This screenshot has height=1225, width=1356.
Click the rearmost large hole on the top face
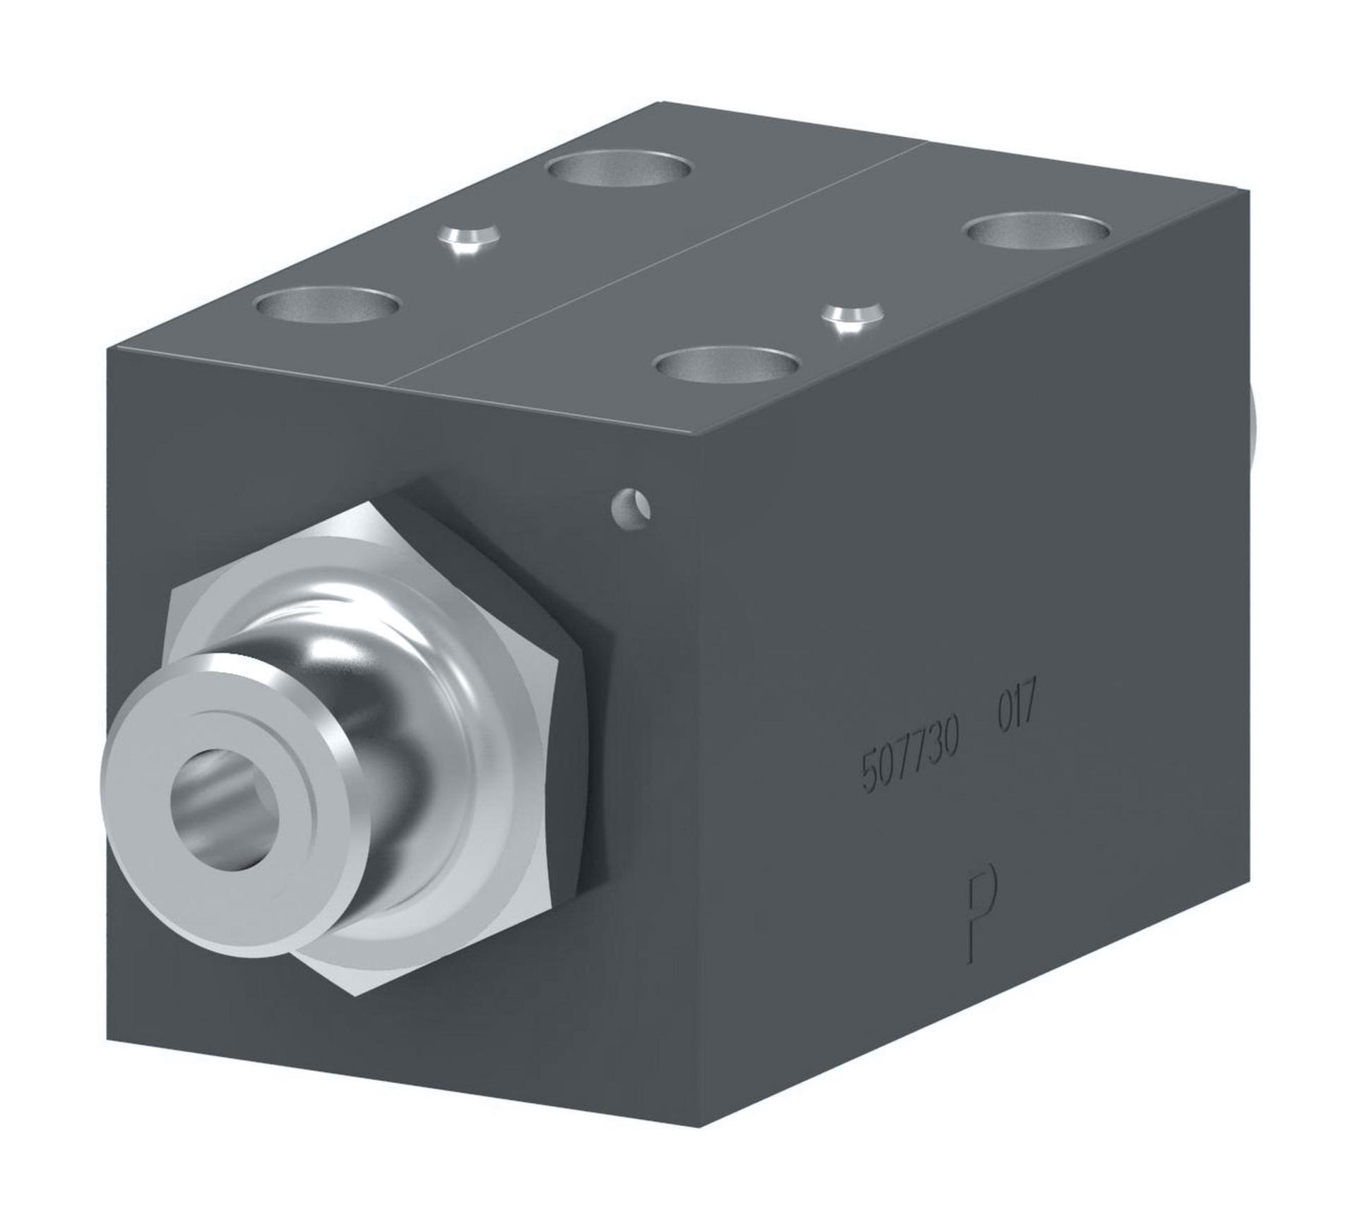[x=619, y=170]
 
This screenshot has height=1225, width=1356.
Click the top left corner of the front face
[x=107, y=349]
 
